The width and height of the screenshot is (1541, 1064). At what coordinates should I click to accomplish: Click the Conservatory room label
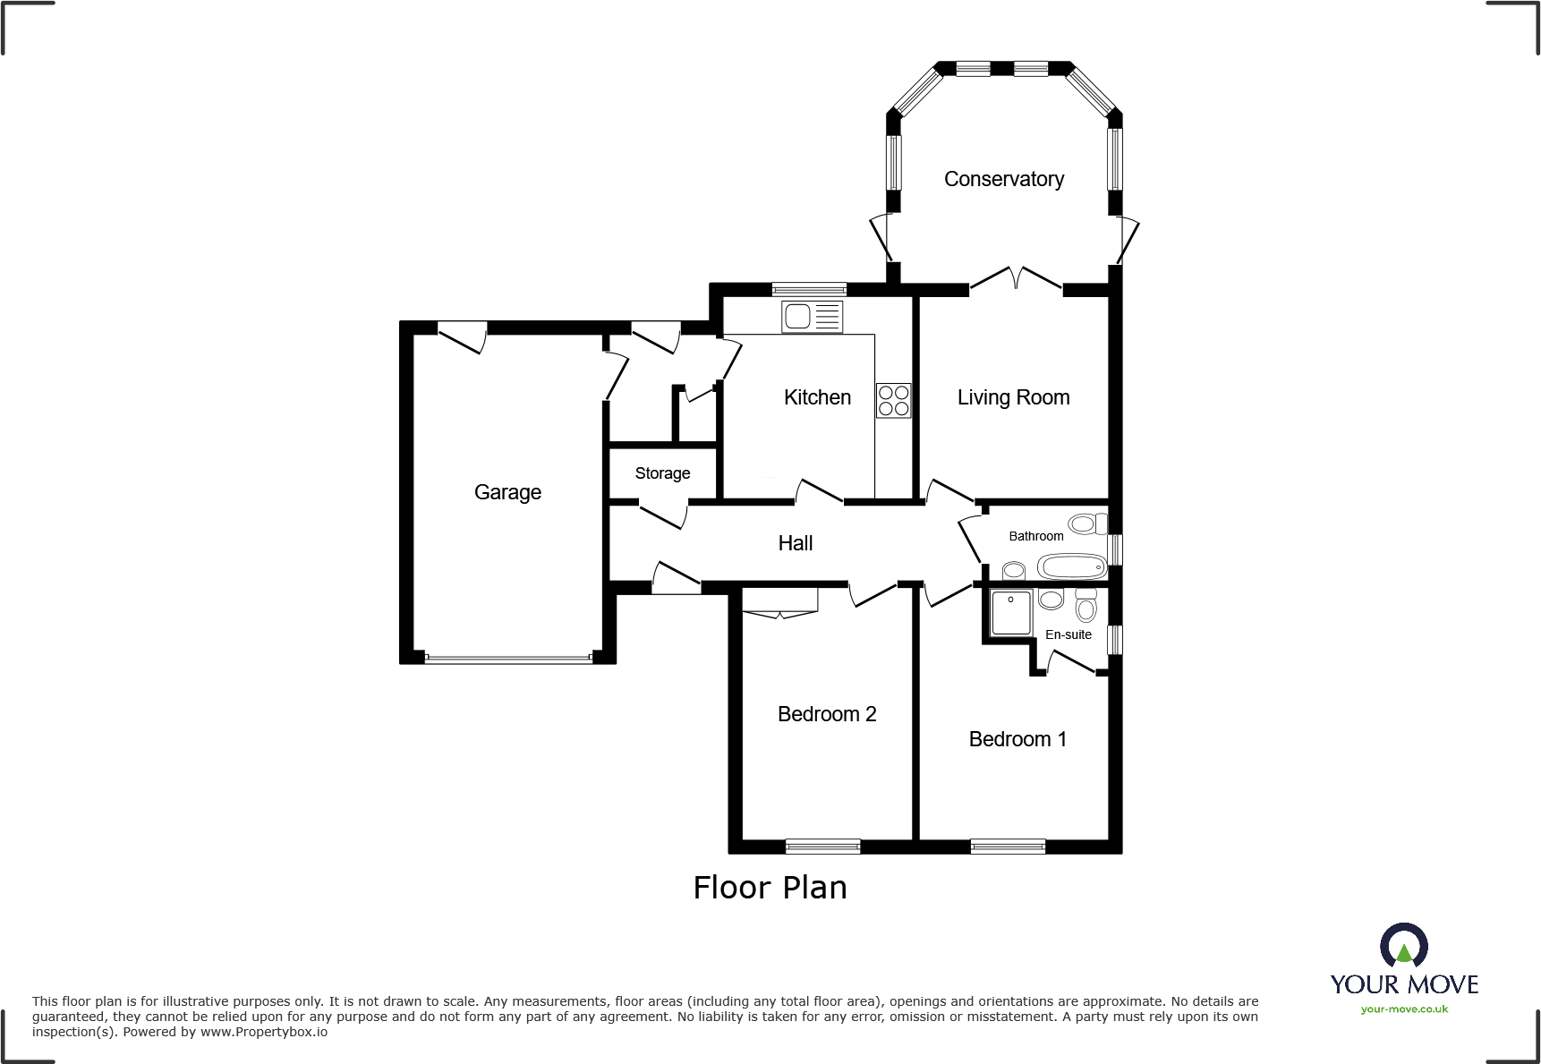(x=1003, y=179)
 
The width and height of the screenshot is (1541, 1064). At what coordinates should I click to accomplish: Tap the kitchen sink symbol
(x=812, y=317)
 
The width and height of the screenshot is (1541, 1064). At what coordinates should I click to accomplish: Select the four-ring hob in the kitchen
(x=893, y=400)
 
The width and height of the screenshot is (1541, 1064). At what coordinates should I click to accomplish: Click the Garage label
(x=507, y=492)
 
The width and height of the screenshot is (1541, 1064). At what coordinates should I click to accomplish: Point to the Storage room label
(x=662, y=473)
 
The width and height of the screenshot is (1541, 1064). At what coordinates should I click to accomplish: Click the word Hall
(x=795, y=543)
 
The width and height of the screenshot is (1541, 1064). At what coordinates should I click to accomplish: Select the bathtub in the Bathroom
(x=1071, y=566)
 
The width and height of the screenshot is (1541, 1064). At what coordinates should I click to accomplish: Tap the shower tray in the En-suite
(x=1011, y=613)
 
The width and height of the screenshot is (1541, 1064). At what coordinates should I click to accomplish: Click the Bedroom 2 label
(x=826, y=714)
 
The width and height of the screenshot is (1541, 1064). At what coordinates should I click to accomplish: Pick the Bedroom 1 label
(x=1017, y=739)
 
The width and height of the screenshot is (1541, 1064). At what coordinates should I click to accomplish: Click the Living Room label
(x=1013, y=397)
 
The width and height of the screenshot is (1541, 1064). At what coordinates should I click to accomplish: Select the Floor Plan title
(x=770, y=888)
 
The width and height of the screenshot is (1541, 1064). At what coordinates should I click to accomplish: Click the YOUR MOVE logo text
(x=1403, y=984)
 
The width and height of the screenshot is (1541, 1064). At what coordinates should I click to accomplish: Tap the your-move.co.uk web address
(x=1403, y=1009)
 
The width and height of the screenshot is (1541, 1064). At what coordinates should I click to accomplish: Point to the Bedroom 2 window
(x=822, y=846)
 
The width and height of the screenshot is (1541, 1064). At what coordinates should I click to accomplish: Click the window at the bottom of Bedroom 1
(x=1008, y=846)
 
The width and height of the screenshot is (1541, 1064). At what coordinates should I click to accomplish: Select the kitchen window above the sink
(x=809, y=289)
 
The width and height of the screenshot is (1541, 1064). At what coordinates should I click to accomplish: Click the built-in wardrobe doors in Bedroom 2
(x=780, y=613)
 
